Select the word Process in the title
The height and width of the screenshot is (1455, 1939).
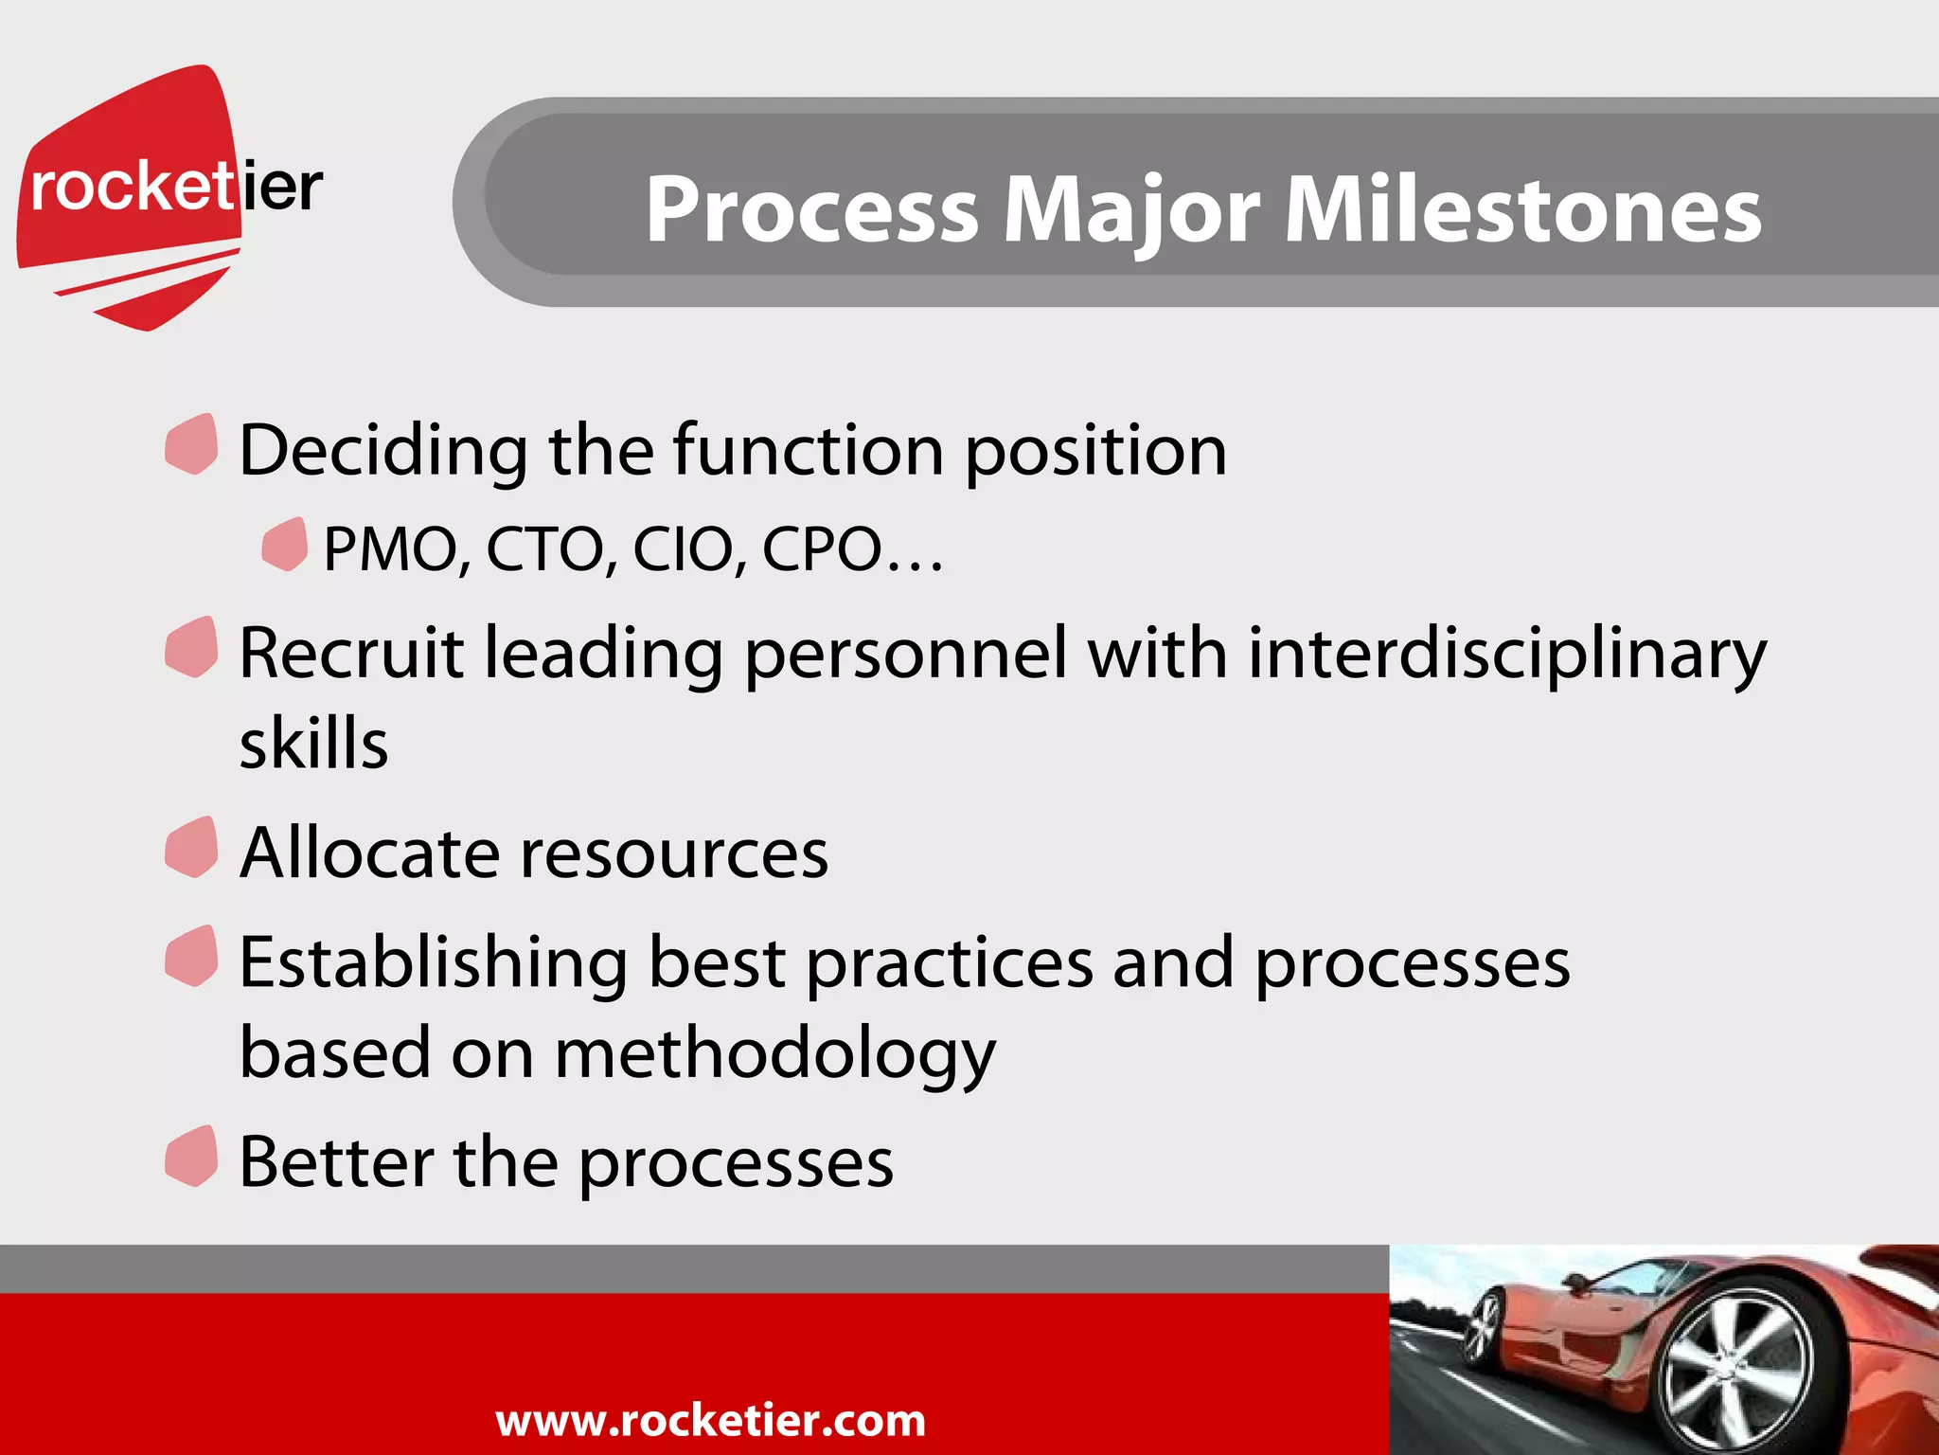811,209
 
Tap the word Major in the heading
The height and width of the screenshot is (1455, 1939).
1130,209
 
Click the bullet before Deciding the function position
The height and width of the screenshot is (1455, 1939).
191,444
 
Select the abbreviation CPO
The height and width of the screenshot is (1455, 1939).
822,549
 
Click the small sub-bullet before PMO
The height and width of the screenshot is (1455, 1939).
284,545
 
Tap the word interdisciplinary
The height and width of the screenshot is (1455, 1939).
1505,654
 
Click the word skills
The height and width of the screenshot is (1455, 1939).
313,744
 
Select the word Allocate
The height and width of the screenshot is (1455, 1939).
368,853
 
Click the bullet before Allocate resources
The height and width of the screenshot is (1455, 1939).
191,848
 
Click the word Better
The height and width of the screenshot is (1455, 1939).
336,1161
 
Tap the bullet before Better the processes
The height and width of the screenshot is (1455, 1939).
191,1157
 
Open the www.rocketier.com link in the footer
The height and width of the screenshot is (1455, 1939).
710,1420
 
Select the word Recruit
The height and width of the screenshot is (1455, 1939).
350,654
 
